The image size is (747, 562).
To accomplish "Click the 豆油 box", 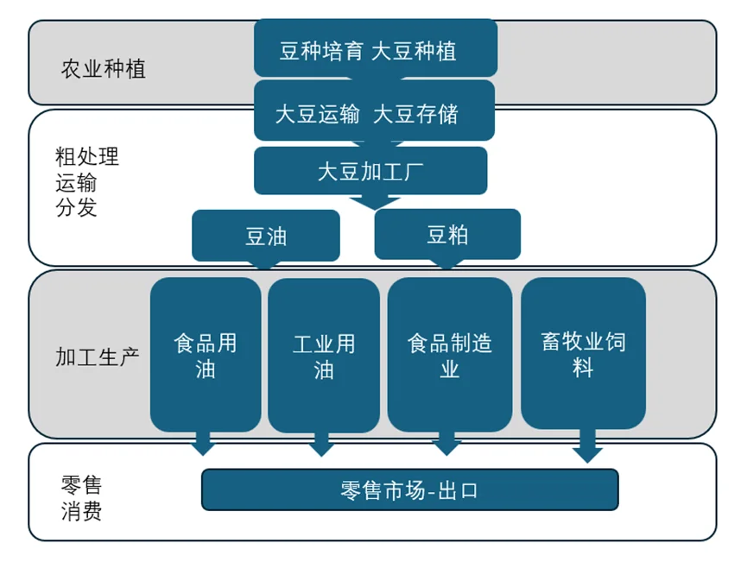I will pyautogui.click(x=266, y=236).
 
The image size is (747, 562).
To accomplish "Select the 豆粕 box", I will pyautogui.click(x=447, y=234).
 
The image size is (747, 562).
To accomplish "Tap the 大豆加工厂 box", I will pyautogui.click(x=370, y=170).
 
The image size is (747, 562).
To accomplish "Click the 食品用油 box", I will pyautogui.click(x=206, y=355).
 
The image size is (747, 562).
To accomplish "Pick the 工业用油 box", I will pyautogui.click(x=324, y=355).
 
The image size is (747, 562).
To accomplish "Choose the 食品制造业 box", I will pyautogui.click(x=449, y=355).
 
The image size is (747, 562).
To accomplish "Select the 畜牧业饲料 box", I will pyautogui.click(x=583, y=353).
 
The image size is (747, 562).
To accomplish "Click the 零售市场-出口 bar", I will pyautogui.click(x=409, y=490).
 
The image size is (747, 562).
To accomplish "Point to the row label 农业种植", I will pyautogui.click(x=104, y=69).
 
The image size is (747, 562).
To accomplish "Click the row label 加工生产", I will pyautogui.click(x=98, y=356).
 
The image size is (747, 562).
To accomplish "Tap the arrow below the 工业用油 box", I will pyautogui.click(x=321, y=444).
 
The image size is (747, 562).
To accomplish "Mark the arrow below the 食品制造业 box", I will pyautogui.click(x=446, y=444).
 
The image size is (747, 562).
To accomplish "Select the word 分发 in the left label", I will pyautogui.click(x=77, y=208).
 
